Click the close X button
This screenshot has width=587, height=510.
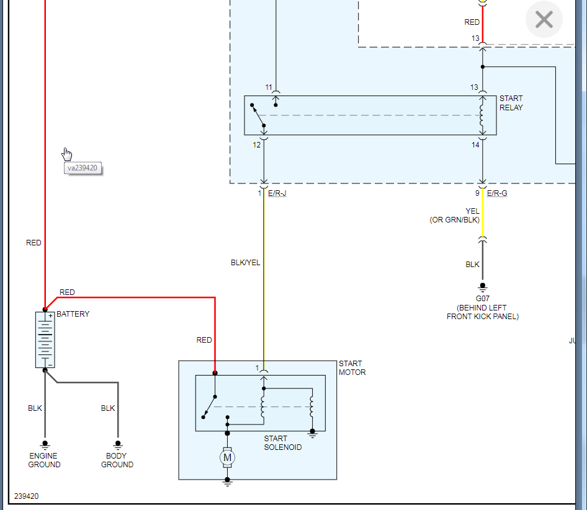pyautogui.click(x=544, y=20)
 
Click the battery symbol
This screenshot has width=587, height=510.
pyautogui.click(x=45, y=340)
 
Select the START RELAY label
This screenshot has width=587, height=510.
pyautogui.click(x=511, y=103)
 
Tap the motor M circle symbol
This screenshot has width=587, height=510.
pyautogui.click(x=227, y=458)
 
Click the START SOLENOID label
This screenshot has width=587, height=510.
pyautogui.click(x=283, y=443)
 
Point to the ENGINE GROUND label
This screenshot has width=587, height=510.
pyautogui.click(x=44, y=460)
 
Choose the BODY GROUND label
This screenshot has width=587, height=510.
pyautogui.click(x=117, y=460)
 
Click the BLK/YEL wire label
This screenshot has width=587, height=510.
pyautogui.click(x=245, y=263)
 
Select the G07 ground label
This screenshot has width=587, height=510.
pyautogui.click(x=483, y=299)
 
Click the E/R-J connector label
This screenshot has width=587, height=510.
pyautogui.click(x=277, y=193)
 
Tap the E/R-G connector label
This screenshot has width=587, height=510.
pyautogui.click(x=497, y=193)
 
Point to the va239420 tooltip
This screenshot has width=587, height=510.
pyautogui.click(x=83, y=168)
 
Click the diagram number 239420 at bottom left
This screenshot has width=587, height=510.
pyautogui.click(x=26, y=496)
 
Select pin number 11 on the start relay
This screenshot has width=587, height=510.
pyautogui.click(x=269, y=87)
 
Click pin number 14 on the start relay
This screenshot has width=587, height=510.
pyautogui.click(x=475, y=144)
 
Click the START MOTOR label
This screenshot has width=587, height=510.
pyautogui.click(x=352, y=368)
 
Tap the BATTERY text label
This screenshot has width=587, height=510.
pyautogui.click(x=73, y=314)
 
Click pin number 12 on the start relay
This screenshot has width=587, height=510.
pyautogui.click(x=256, y=144)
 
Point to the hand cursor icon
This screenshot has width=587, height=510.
pyautogui.click(x=67, y=154)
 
